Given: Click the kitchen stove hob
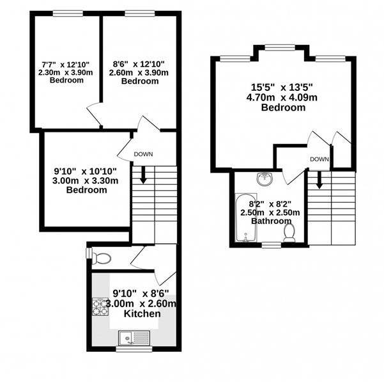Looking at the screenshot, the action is click(x=100, y=306).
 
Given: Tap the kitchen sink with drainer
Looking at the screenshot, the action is click(x=134, y=338).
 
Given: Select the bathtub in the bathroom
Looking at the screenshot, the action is click(x=246, y=218).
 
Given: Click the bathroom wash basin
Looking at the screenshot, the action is click(x=265, y=179).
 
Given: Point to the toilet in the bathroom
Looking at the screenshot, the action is click(x=289, y=233).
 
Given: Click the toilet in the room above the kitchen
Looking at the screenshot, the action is click(x=102, y=259).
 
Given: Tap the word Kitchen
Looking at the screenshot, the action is click(x=142, y=314).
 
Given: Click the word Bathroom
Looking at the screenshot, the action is click(x=272, y=221).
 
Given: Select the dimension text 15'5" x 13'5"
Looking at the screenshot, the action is click(x=282, y=87).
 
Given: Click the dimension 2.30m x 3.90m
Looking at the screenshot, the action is click(x=66, y=72).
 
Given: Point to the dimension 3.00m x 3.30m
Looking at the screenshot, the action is click(x=85, y=180).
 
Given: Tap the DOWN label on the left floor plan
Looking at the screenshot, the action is click(x=143, y=154).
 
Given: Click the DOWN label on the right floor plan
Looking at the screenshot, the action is click(x=319, y=159).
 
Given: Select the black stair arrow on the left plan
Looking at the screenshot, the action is click(x=143, y=175).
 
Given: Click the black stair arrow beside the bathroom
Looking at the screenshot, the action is click(x=319, y=180).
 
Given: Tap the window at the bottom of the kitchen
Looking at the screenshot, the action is click(x=134, y=349).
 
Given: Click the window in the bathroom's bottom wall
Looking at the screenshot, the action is click(x=272, y=245).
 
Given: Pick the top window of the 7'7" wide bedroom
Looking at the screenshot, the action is click(x=68, y=13).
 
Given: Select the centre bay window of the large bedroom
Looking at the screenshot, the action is click(x=280, y=47).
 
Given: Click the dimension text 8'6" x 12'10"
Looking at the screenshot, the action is click(x=139, y=64).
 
